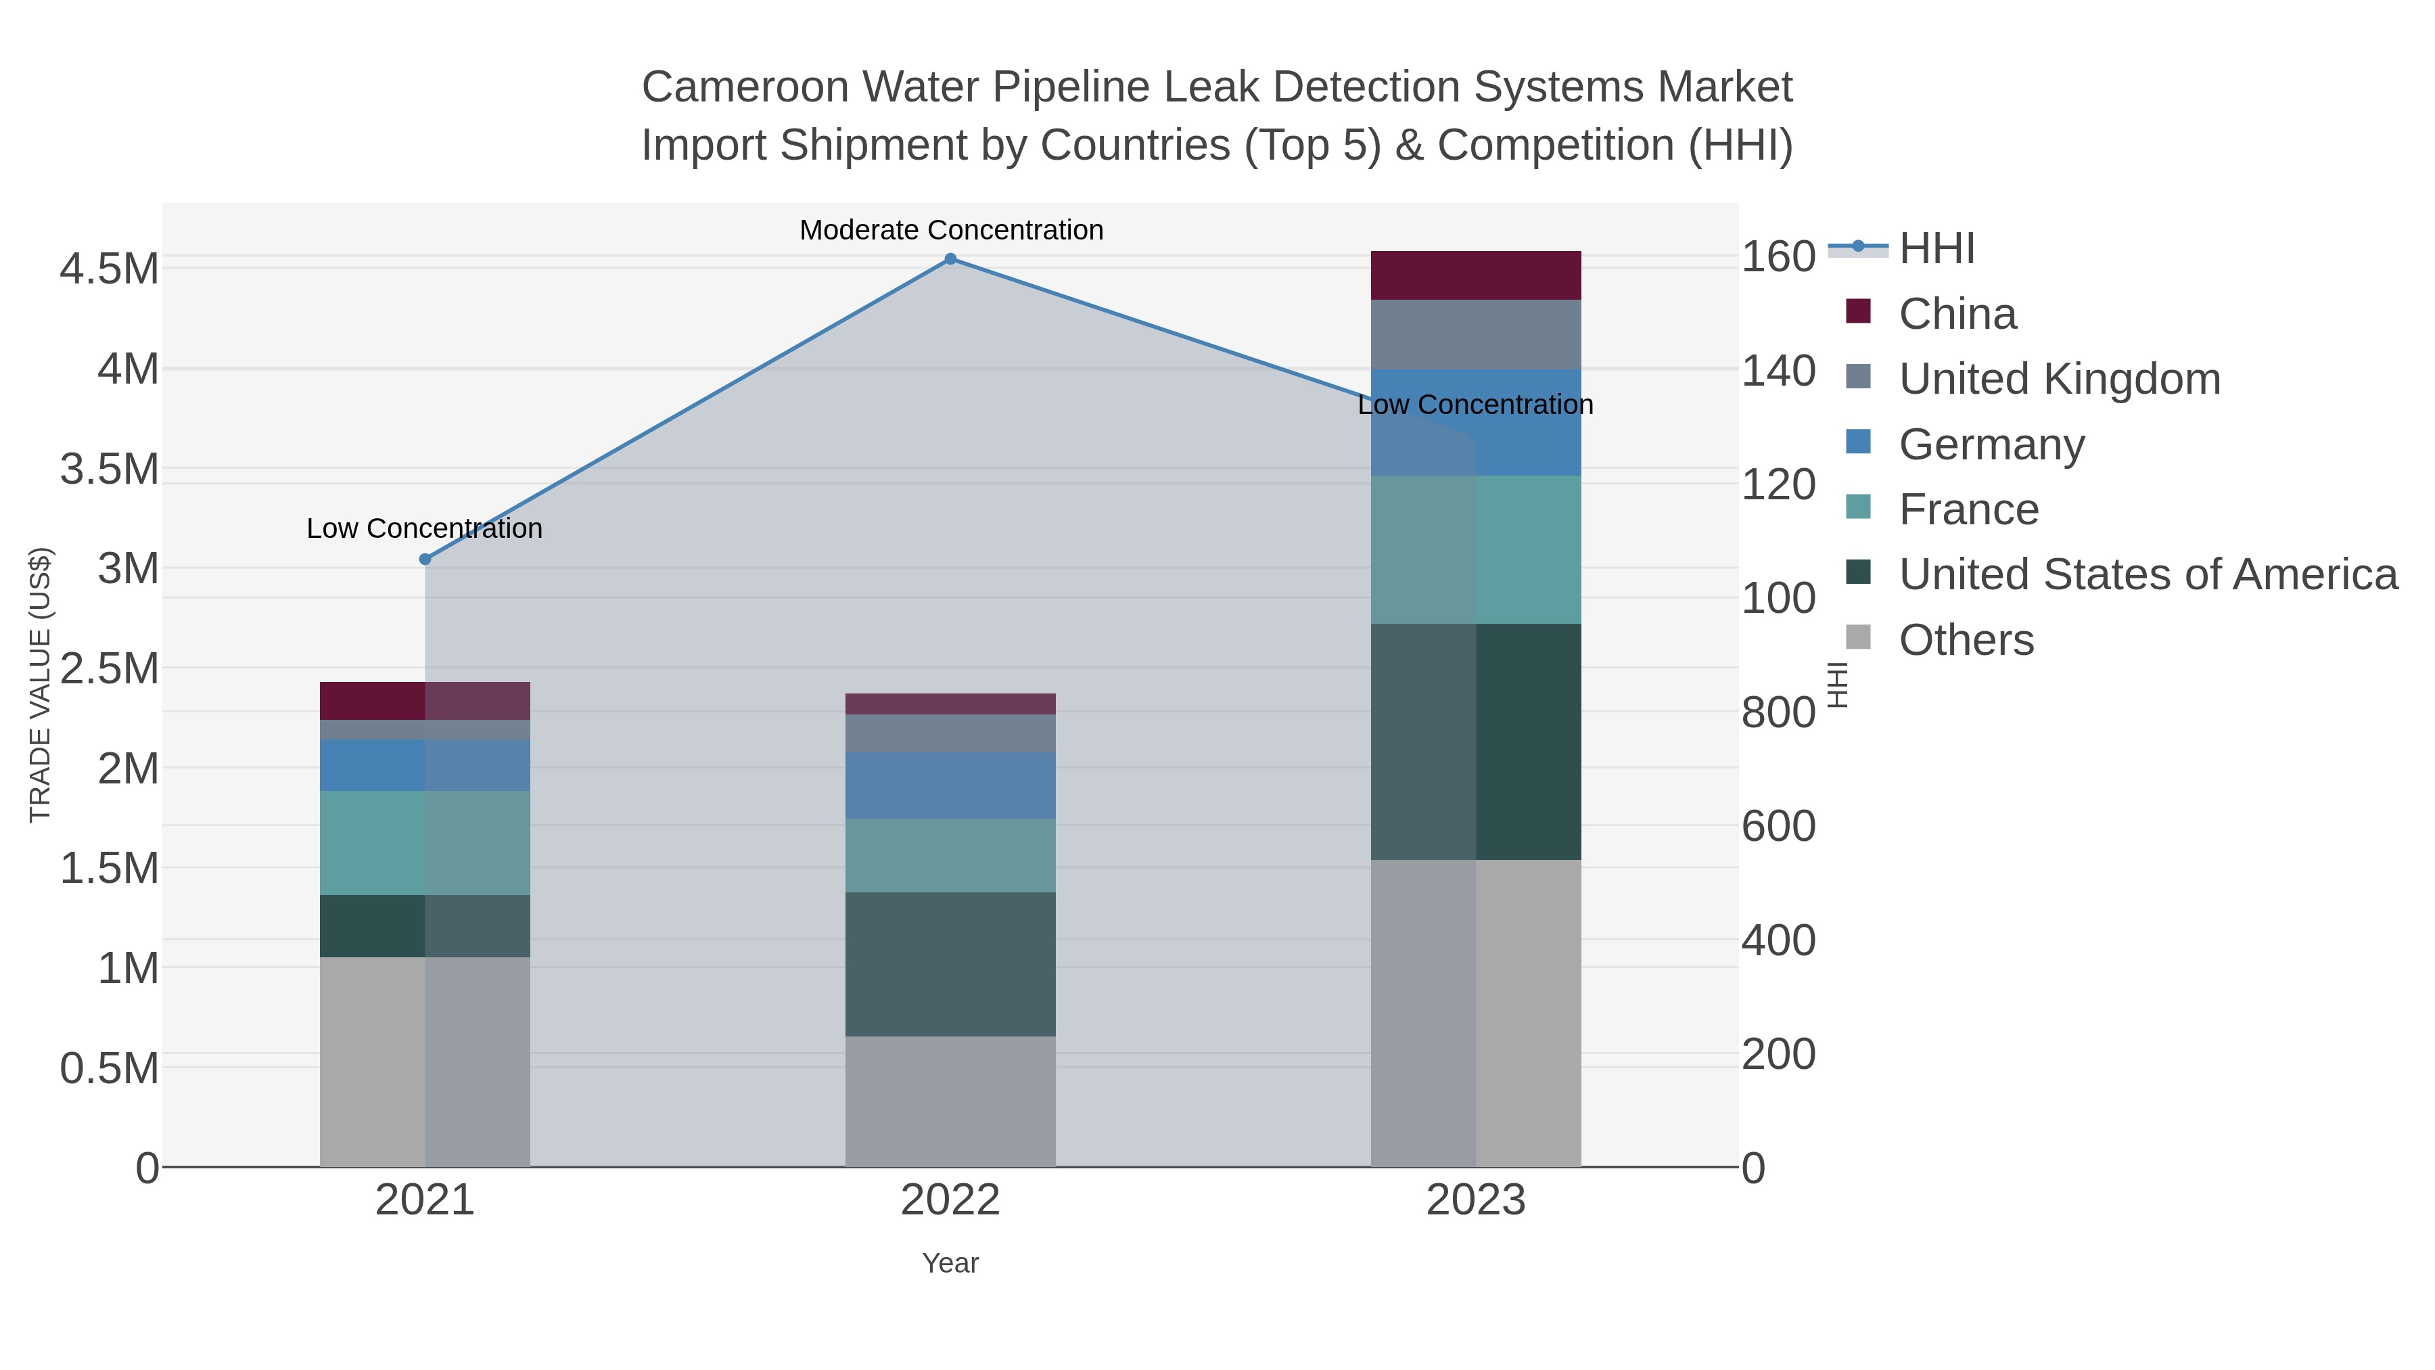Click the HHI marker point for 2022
pos(950,259)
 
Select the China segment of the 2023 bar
pos(1476,275)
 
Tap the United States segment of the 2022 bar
pos(950,963)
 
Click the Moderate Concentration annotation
pos(951,230)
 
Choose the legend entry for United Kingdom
pos(2059,379)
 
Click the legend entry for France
pos(1968,509)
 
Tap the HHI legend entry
pos(1936,249)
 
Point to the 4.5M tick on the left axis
pos(110,269)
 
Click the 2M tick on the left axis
pos(129,769)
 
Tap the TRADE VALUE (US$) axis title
pos(40,685)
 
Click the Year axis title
pos(950,1263)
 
